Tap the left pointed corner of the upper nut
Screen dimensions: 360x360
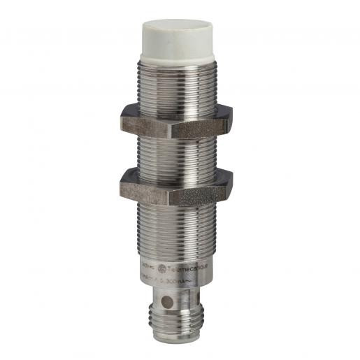click(121, 119)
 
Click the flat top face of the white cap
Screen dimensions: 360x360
click(180, 22)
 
